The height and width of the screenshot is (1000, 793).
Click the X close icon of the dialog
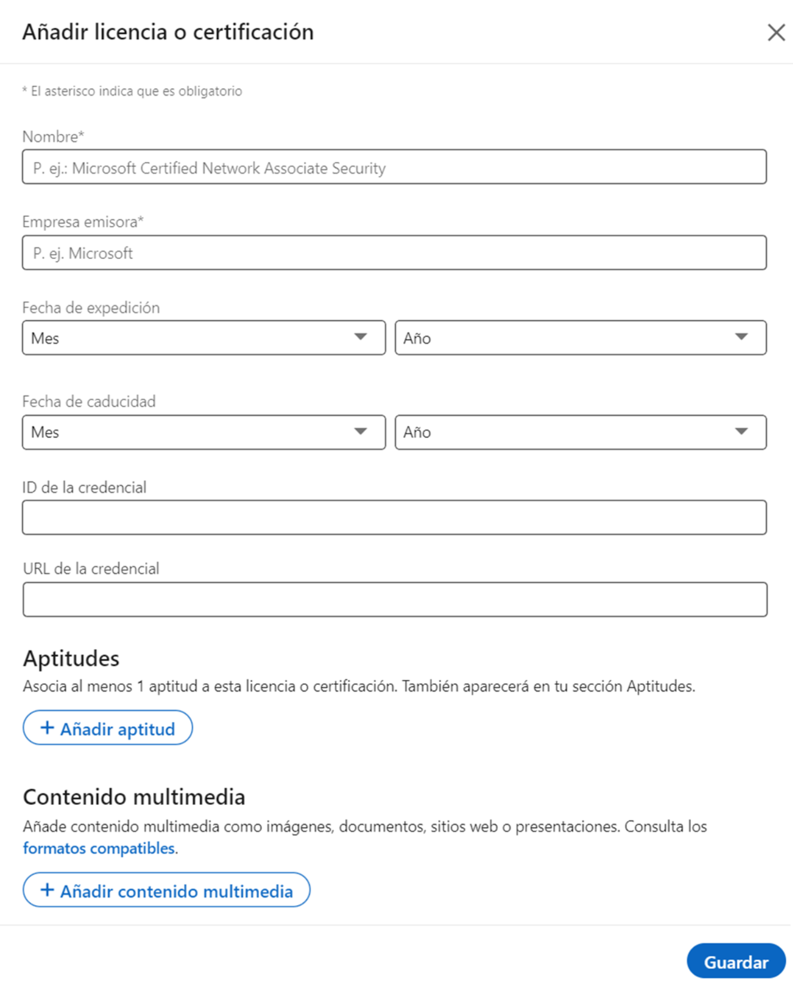[x=776, y=33]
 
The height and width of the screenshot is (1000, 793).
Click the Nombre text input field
[x=394, y=167]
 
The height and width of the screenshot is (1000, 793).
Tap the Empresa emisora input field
[x=394, y=253]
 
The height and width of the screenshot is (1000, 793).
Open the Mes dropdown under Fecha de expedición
[x=204, y=338]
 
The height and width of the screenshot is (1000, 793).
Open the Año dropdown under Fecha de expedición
[x=580, y=338]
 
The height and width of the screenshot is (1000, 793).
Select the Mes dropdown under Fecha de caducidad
[x=204, y=432]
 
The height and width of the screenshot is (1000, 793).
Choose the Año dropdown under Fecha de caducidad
[x=580, y=432]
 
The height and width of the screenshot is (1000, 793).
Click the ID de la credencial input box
[x=394, y=517]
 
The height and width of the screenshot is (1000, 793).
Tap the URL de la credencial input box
[x=395, y=599]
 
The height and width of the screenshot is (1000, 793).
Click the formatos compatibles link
[x=99, y=848]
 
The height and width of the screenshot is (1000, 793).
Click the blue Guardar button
[x=736, y=962]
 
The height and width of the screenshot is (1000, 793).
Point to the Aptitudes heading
[x=71, y=659]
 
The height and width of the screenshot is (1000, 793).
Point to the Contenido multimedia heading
[x=134, y=797]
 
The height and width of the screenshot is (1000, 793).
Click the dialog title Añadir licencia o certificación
[x=168, y=33]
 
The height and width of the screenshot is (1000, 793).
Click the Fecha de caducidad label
[x=89, y=401]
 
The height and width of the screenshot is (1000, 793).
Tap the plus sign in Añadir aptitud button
[x=47, y=728]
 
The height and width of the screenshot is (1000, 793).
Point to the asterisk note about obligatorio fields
[x=132, y=91]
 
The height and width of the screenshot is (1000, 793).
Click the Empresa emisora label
[x=82, y=222]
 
